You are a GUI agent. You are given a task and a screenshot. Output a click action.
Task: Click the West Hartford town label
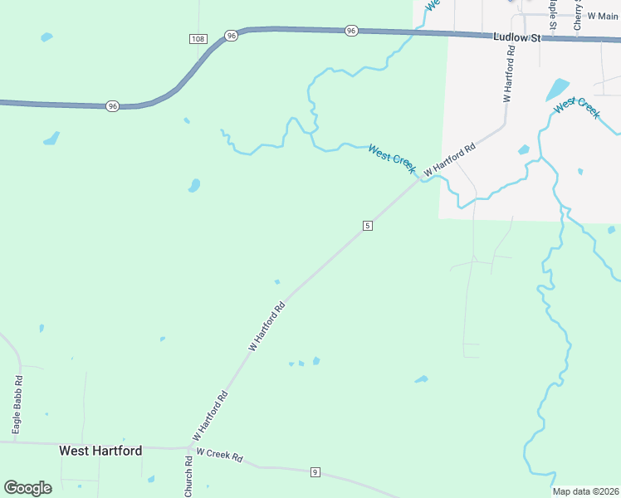(x=100, y=451)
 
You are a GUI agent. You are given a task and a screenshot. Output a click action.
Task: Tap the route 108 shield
(x=197, y=39)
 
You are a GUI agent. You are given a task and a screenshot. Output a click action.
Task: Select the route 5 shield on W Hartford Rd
(x=367, y=226)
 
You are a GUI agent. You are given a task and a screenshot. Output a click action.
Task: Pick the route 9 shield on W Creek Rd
(x=315, y=472)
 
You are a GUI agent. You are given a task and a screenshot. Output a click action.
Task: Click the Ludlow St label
(x=516, y=37)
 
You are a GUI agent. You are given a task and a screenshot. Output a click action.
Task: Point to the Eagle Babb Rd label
(x=17, y=405)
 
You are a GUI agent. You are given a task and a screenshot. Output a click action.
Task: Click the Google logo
(x=27, y=488)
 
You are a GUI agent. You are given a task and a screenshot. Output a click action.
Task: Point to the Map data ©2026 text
(x=586, y=491)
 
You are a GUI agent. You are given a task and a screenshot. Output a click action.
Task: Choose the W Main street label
(x=603, y=16)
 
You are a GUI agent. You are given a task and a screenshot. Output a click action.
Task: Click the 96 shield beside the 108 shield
(x=231, y=36)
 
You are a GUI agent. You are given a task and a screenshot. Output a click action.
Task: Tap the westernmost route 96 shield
(x=112, y=106)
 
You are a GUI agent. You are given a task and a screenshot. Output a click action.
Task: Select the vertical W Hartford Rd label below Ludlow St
(x=509, y=73)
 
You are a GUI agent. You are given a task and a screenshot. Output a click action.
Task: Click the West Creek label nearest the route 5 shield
(x=392, y=158)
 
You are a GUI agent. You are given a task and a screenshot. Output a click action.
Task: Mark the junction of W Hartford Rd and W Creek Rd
(x=190, y=448)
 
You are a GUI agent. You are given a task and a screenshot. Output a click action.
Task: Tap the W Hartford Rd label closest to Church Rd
(x=210, y=416)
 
